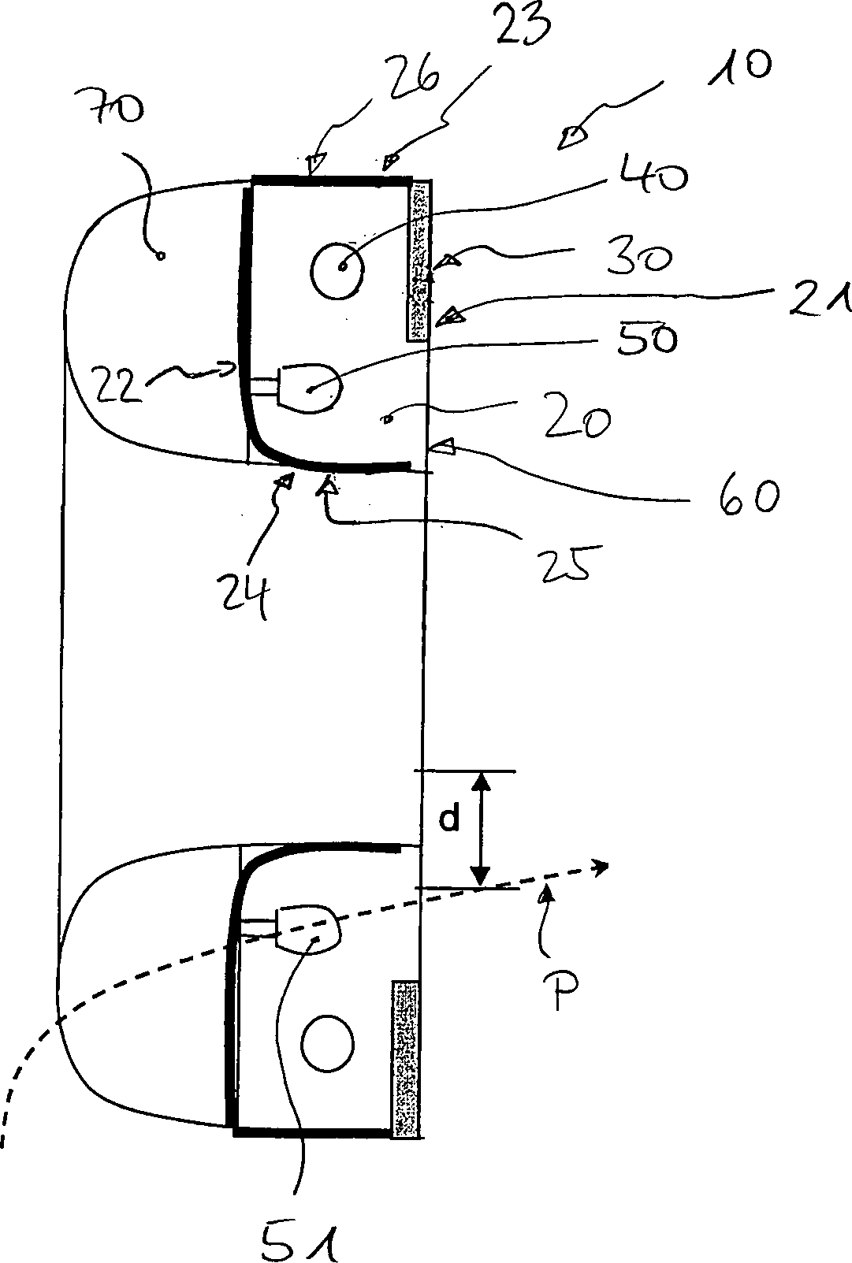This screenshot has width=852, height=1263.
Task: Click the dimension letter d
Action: (x=449, y=820)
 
